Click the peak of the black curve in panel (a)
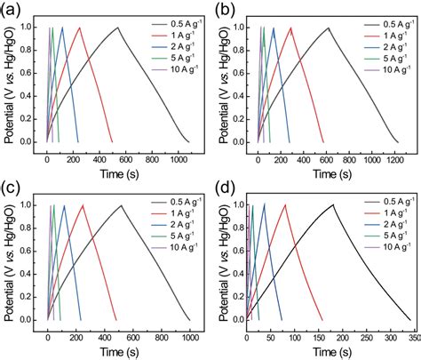(117, 28)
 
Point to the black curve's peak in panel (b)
(328, 28)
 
